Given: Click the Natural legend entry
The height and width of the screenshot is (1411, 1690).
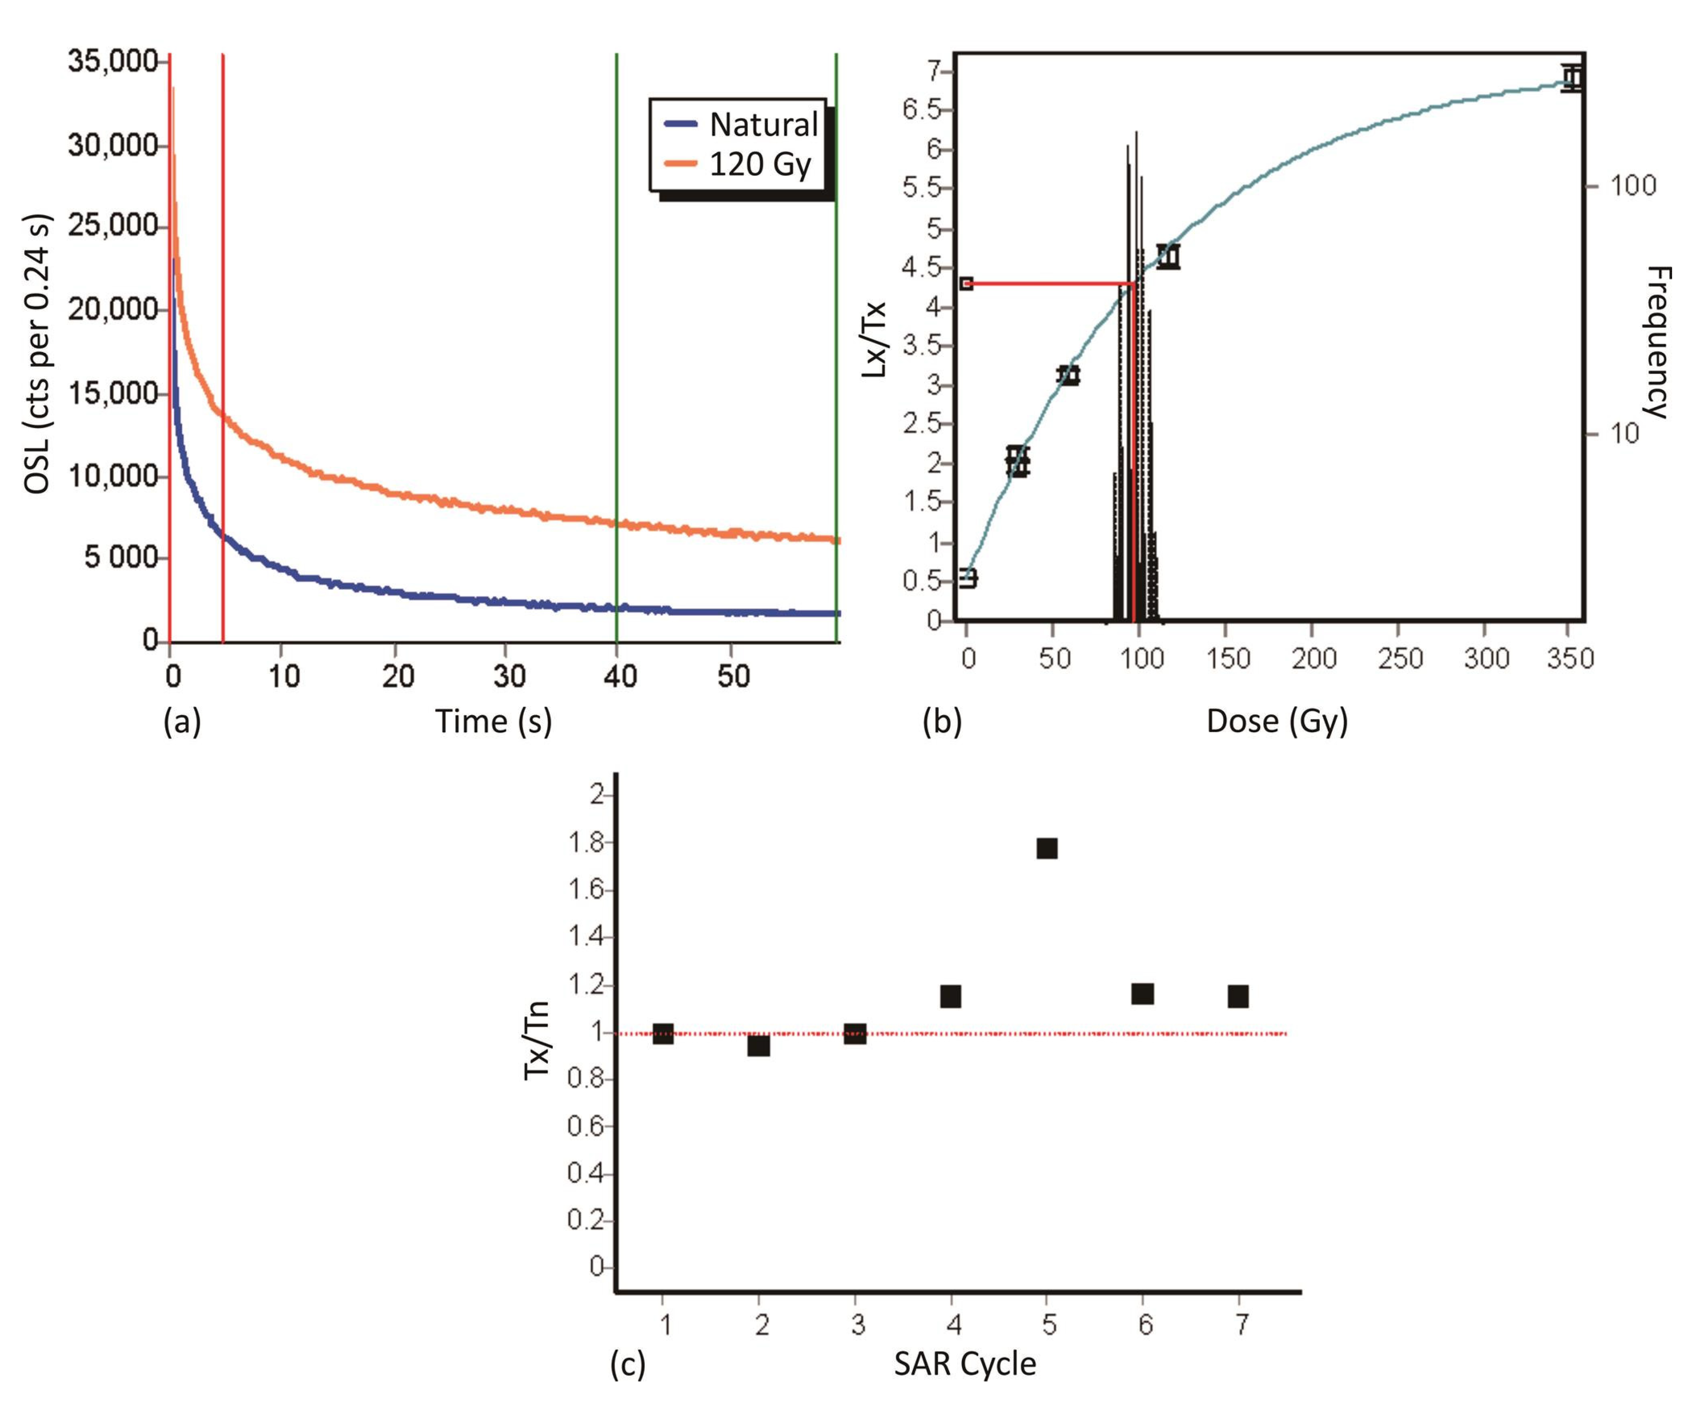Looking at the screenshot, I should pos(740,125).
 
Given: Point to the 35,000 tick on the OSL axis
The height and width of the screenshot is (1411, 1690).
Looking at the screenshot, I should pos(113,62).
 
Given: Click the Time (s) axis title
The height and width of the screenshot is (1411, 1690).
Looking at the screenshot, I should pos(493,721).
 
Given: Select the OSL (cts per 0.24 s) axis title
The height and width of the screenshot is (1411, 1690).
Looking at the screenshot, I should pos(37,354).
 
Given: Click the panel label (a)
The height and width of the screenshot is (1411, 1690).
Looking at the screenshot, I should pos(182,722).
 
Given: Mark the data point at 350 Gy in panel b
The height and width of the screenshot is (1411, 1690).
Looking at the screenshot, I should pos(1572,78).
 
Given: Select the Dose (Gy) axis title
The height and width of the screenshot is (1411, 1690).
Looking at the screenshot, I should pos(1276,721).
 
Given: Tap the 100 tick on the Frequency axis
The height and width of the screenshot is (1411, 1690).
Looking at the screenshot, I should pos(1633,186).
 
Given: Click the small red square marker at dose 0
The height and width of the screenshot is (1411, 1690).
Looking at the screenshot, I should pos(967,283).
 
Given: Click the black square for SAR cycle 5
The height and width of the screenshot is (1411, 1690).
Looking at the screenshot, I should pos(1046,849).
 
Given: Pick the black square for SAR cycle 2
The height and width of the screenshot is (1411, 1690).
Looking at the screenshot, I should pos(758,1046).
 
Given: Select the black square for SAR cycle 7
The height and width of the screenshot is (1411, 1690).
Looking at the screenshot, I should pos(1238,996).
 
